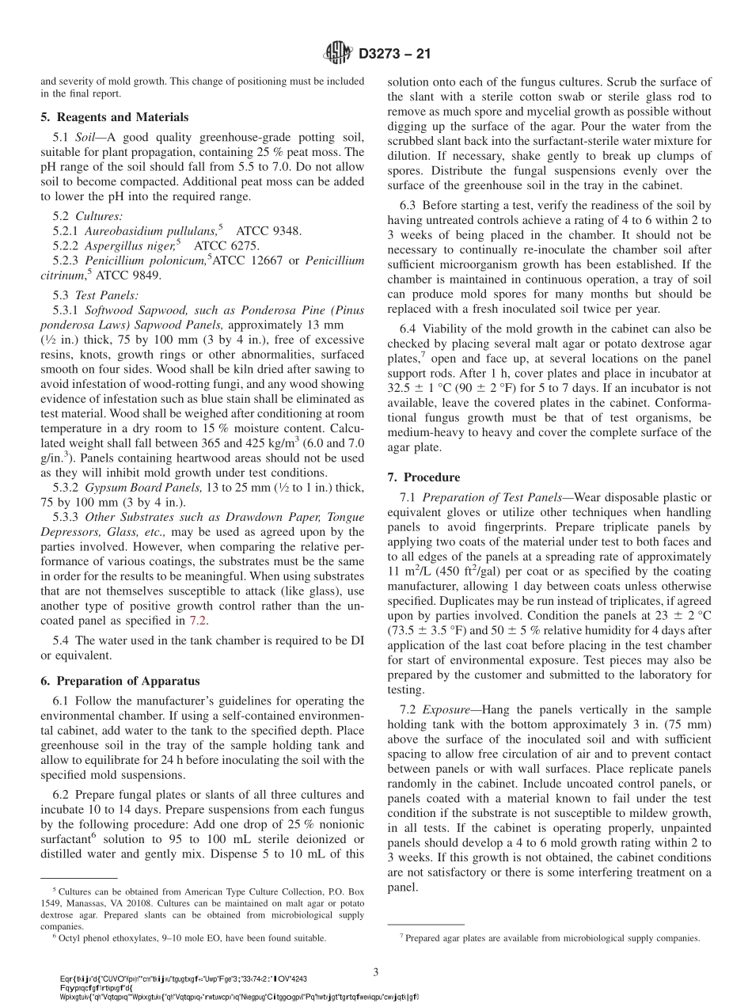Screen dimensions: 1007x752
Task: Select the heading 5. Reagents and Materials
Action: [x=114, y=117]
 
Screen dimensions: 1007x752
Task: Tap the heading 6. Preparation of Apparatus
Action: [x=120, y=681]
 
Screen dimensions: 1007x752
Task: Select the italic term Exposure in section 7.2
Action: [x=450, y=710]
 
